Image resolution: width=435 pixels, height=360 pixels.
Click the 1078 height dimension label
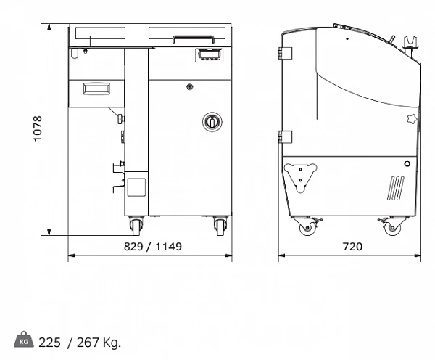pyautogui.click(x=38, y=128)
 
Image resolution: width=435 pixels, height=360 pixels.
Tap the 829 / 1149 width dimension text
pyautogui.click(x=153, y=246)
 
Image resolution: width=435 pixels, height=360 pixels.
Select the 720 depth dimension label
pyautogui.click(x=352, y=246)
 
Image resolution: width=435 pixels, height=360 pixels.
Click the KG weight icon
pyautogui.click(x=24, y=340)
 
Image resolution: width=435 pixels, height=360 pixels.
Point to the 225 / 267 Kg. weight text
pyautogui.click(x=80, y=343)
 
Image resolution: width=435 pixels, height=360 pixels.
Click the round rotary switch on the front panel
pyautogui.click(x=212, y=122)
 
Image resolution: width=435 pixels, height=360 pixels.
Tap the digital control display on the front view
pyautogui.click(x=210, y=55)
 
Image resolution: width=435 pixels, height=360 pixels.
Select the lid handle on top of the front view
pyautogui.click(x=194, y=38)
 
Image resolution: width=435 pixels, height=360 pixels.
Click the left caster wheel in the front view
pyautogui.click(x=136, y=225)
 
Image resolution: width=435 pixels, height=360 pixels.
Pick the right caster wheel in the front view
pyautogui.click(x=220, y=225)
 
